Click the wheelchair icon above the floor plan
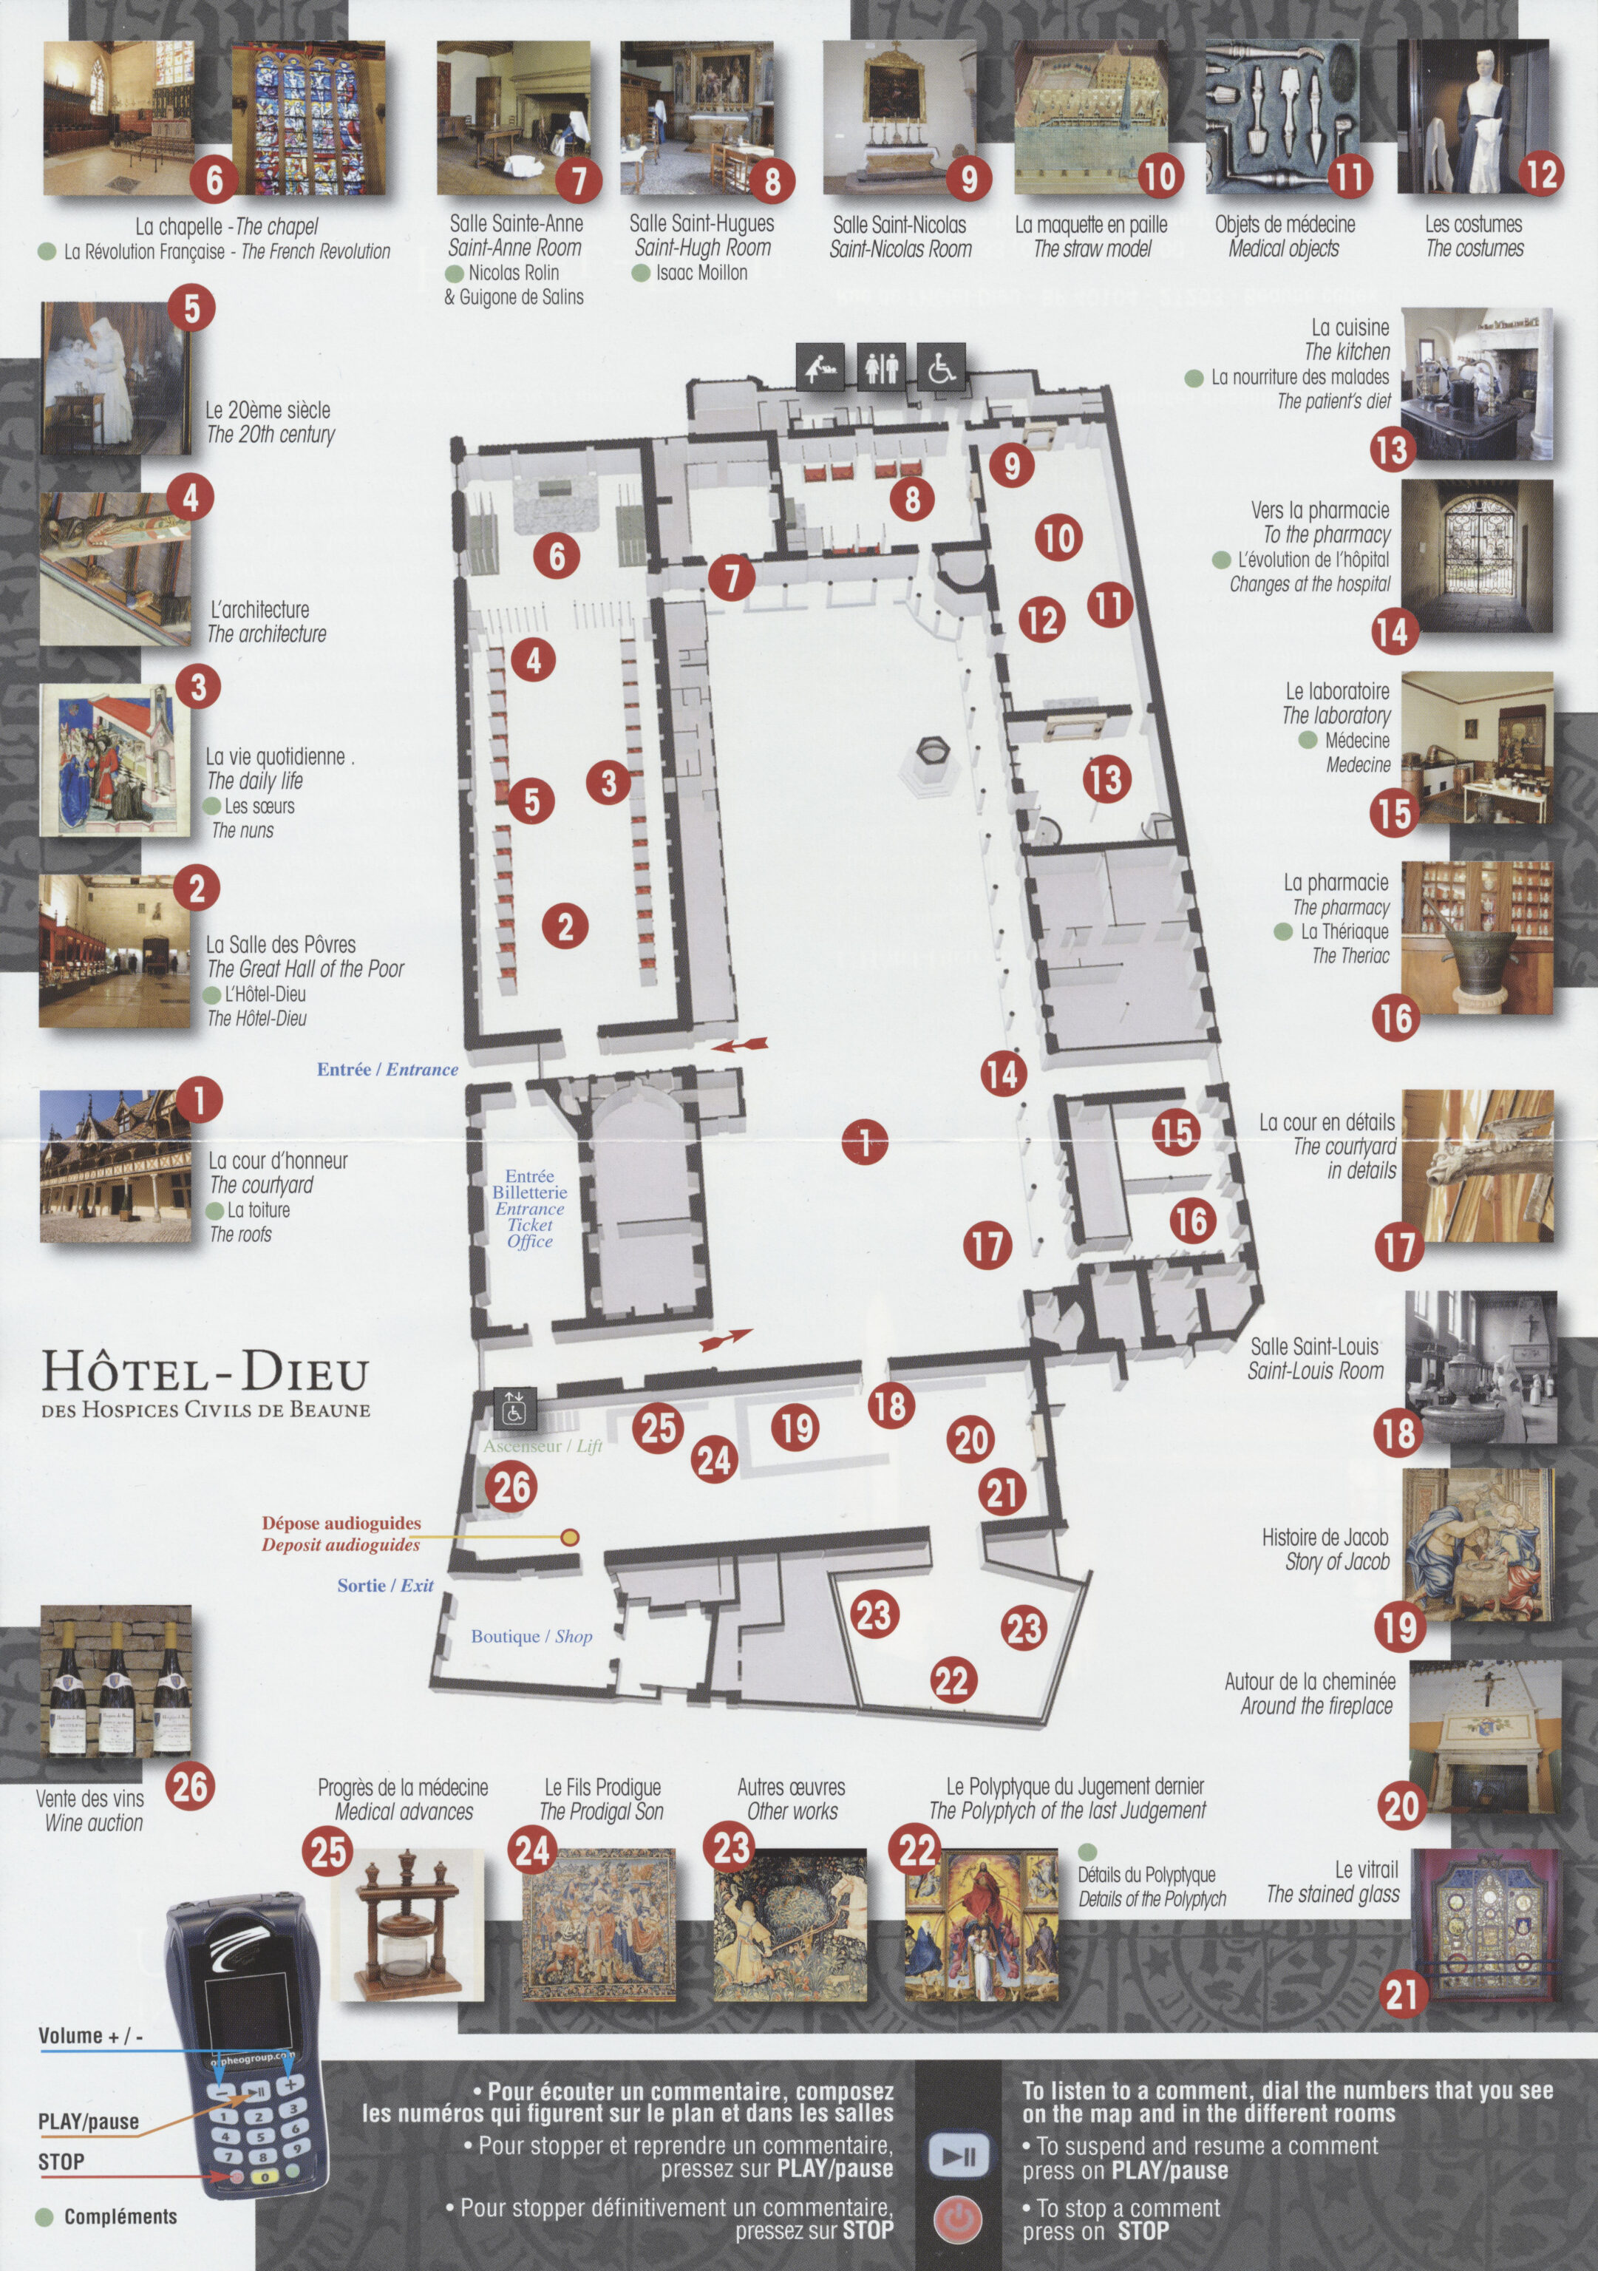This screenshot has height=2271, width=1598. pyautogui.click(x=942, y=367)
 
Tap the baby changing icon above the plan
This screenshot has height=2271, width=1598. pyautogui.click(x=820, y=367)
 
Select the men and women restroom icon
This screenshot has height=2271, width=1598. pyautogui.click(x=881, y=367)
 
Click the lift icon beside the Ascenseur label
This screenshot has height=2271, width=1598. pyautogui.click(x=514, y=1408)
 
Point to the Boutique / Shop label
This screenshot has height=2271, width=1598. pyautogui.click(x=531, y=1636)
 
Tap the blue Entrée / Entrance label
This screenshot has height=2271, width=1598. pyautogui.click(x=387, y=1069)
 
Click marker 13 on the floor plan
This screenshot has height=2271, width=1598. pyautogui.click(x=1106, y=778)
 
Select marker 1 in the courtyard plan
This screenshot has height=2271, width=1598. pyautogui.click(x=866, y=1142)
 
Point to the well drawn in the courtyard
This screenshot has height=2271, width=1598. pyautogui.click(x=931, y=764)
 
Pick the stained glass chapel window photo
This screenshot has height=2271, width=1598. pyautogui.click(x=308, y=118)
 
